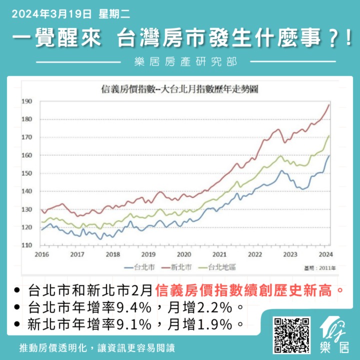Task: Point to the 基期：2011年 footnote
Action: coord(318,267)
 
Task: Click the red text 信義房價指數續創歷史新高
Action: coord(248,289)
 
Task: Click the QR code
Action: coord(291,334)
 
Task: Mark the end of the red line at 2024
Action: coord(329,104)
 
